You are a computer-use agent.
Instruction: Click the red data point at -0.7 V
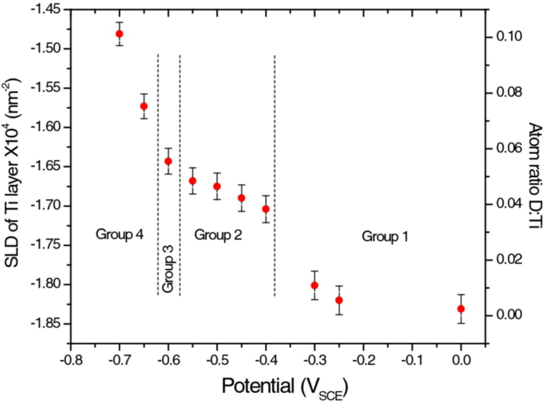pos(119,34)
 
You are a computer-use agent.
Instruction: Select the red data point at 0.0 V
pos(461,309)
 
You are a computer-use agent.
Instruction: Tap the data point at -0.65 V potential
pos(144,106)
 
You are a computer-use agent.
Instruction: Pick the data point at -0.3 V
pos(314,285)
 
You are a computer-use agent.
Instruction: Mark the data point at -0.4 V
pos(266,209)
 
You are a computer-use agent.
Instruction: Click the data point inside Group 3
pos(168,161)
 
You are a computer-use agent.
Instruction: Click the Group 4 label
pos(119,234)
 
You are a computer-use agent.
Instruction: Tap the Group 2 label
pos(218,234)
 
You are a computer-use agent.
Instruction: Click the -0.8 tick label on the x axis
pos(71,356)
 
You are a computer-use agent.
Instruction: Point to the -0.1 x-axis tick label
pos(412,356)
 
